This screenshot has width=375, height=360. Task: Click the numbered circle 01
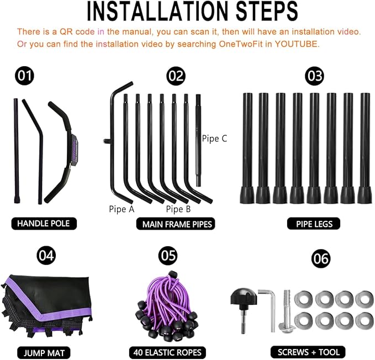point(25,76)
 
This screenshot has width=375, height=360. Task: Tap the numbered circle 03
point(314,76)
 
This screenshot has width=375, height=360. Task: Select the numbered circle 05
point(168,255)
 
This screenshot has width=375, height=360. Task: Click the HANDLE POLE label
point(44,224)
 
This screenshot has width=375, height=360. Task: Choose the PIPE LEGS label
point(314,224)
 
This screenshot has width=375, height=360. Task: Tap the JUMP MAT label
point(44,353)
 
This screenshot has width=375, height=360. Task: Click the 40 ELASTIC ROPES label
point(167,352)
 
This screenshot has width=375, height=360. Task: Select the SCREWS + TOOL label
point(308,352)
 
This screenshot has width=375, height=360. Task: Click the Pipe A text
point(122,209)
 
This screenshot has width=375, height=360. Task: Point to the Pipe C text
point(214,139)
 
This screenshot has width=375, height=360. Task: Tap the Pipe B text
point(178,209)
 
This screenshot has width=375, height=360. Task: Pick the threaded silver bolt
point(287,311)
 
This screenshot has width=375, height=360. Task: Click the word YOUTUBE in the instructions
point(297,44)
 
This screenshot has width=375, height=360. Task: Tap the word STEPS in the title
point(267,11)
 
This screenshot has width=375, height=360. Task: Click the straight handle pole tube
point(17,151)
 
